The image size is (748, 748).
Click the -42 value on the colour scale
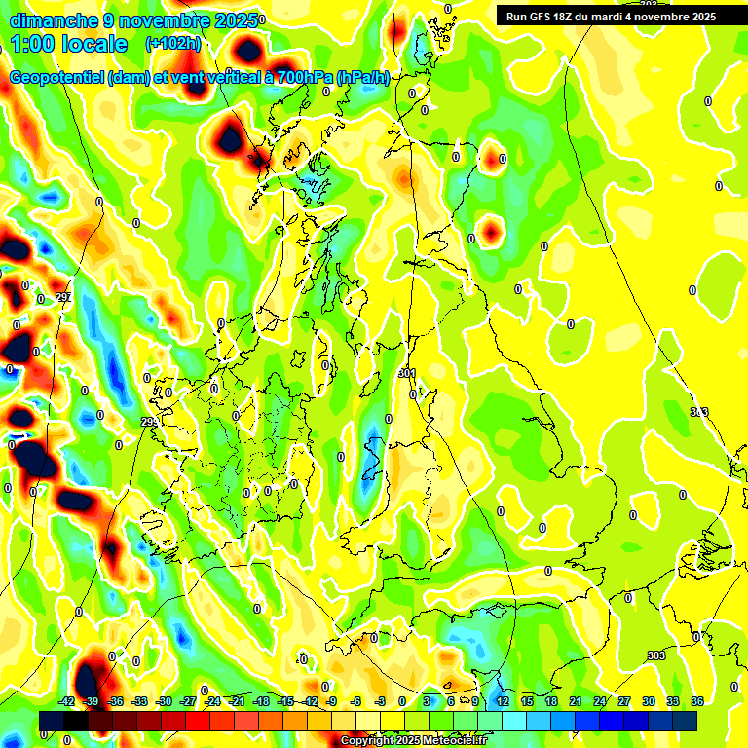click(x=67, y=701)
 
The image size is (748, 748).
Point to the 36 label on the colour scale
click(x=697, y=701)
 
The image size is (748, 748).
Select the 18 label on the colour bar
click(x=551, y=701)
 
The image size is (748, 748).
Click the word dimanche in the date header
click(x=50, y=20)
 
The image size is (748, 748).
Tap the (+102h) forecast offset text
click(x=173, y=44)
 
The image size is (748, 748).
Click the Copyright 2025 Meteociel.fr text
click(x=415, y=741)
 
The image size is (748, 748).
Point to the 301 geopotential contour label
click(x=407, y=373)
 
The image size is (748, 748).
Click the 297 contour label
click(x=63, y=297)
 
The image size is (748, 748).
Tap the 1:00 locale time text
click(x=68, y=44)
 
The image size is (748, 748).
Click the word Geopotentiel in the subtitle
click(x=58, y=78)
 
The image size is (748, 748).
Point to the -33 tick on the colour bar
click(x=140, y=701)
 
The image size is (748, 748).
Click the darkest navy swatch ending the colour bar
click(x=685, y=721)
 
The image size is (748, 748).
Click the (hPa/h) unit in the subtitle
click(x=361, y=78)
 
